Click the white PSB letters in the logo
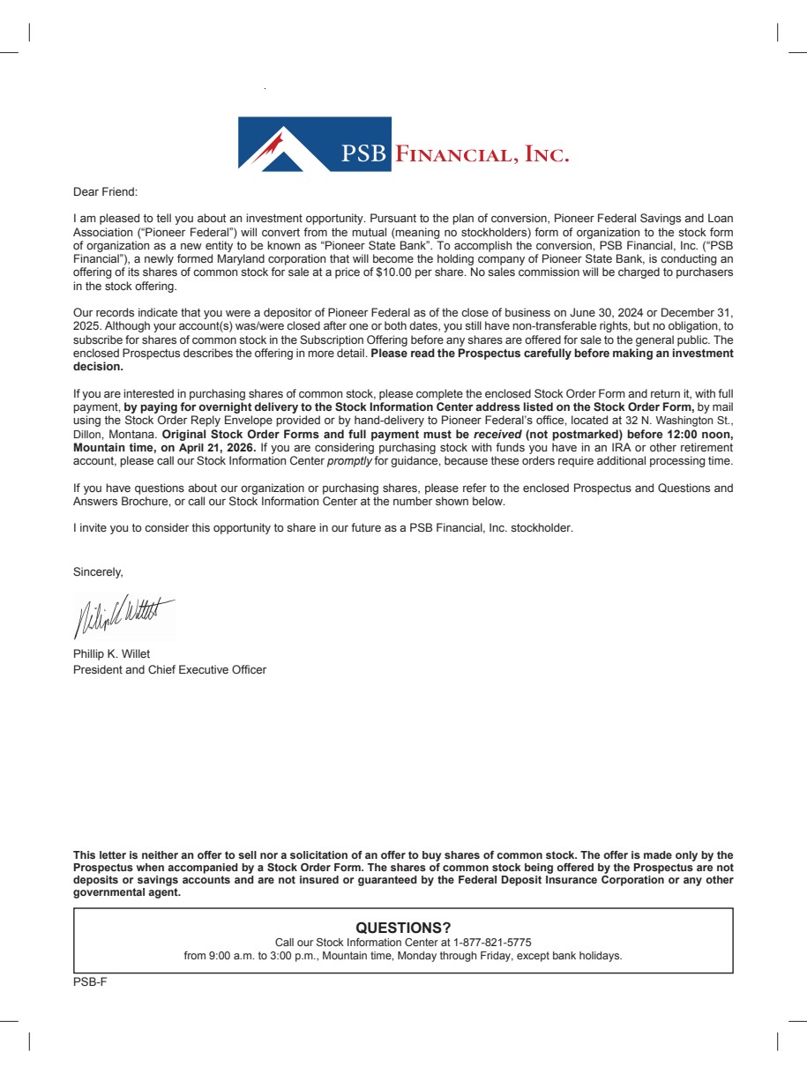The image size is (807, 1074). point(364,155)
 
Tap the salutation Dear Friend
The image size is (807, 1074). point(106,191)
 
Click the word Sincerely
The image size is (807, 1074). point(98,572)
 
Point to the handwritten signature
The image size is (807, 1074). point(123,614)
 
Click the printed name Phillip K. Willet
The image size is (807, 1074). point(111,654)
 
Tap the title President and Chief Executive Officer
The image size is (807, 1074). point(169,669)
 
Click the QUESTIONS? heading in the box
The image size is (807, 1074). point(403,928)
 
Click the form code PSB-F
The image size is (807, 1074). point(90,981)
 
